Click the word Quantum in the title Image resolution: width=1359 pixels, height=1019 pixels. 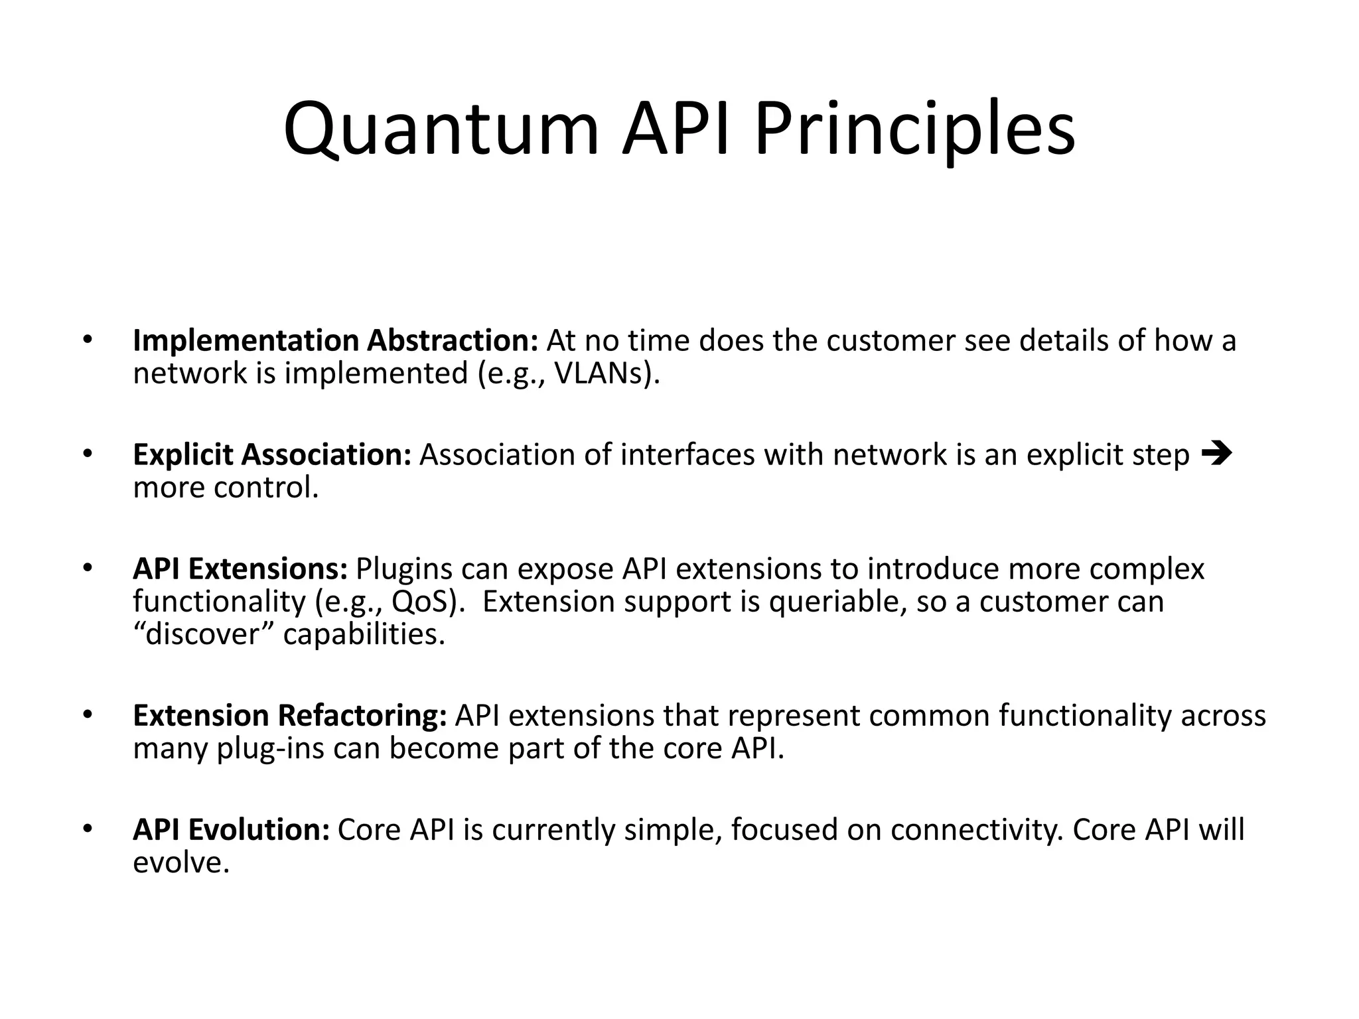pyautogui.click(x=441, y=129)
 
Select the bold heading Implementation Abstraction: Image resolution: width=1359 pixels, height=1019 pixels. pyautogui.click(x=335, y=341)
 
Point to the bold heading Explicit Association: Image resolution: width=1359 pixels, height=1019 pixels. pyautogui.click(x=272, y=455)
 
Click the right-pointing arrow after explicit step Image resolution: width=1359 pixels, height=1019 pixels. pyautogui.click(x=1216, y=454)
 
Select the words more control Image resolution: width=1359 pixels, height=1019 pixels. pyautogui.click(x=226, y=488)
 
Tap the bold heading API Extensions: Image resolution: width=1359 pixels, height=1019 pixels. pyautogui.click(x=240, y=569)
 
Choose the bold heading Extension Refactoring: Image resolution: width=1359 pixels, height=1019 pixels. pyautogui.click(x=290, y=716)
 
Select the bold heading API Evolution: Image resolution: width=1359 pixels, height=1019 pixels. pyautogui.click(x=231, y=830)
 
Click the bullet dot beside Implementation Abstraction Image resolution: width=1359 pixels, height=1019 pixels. pyautogui.click(x=86, y=340)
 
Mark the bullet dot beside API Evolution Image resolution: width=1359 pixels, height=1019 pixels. pyautogui.click(x=86, y=829)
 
